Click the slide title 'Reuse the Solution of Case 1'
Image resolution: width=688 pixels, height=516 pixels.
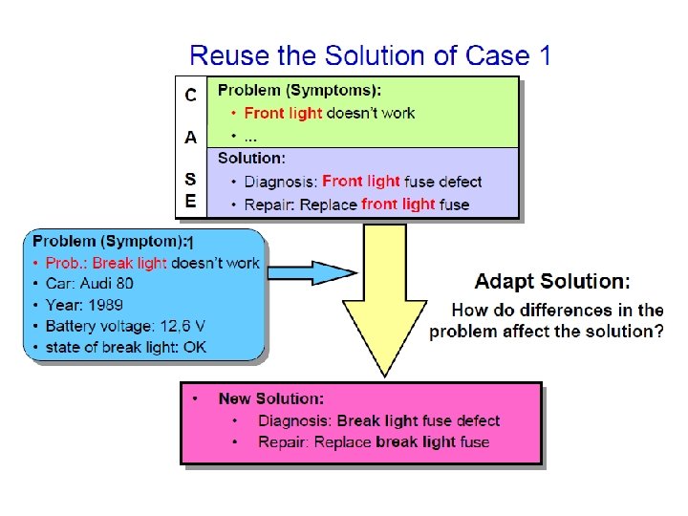370,54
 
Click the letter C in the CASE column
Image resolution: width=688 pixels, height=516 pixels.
191,95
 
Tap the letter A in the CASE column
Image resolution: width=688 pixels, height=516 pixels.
191,137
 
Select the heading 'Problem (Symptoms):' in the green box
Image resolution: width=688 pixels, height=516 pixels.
299,91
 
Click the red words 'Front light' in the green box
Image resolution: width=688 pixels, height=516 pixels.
284,113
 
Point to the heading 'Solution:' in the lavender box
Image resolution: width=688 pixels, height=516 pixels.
251,158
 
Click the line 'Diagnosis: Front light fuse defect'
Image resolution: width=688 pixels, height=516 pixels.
363,181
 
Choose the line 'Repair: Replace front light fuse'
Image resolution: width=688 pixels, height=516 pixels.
356,204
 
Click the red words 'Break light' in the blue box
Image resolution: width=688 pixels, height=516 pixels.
129,263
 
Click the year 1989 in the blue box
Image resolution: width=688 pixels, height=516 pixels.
106,305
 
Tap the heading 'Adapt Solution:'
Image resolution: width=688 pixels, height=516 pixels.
552,281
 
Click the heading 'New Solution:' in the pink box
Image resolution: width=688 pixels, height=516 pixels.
270,398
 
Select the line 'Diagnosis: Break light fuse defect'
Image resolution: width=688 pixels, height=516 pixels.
378,420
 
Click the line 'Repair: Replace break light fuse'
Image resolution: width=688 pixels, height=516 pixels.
373,441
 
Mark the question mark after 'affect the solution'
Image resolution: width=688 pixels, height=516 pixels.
658,332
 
